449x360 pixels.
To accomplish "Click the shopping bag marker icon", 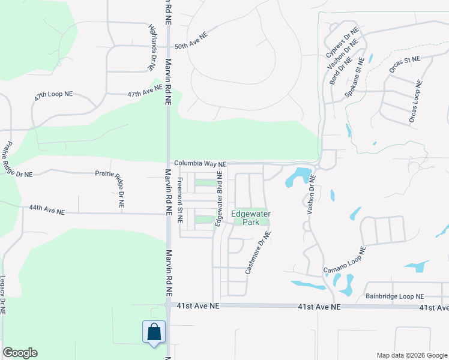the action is (x=154, y=332).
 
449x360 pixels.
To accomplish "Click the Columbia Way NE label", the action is (x=200, y=163).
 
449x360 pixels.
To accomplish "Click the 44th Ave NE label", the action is (x=46, y=209).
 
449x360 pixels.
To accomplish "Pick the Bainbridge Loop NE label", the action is (x=394, y=296).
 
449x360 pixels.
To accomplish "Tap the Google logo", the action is (x=20, y=353).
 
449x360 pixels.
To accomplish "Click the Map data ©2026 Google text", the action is (x=411, y=355).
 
